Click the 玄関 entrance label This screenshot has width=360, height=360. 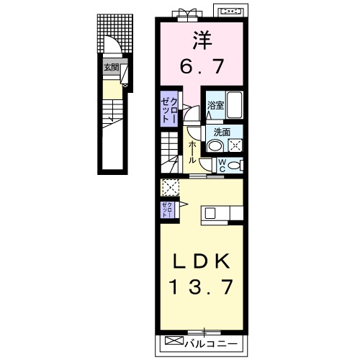tap(112, 68)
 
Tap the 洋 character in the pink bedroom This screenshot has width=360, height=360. tap(202, 40)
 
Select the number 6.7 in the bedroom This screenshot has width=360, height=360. tap(202, 66)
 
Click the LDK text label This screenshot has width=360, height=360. tap(202, 261)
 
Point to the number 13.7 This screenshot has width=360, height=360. tap(202, 287)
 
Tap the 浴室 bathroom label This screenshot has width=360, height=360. tap(216, 105)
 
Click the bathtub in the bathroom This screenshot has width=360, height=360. tap(234, 105)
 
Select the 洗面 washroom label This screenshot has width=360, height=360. tap(222, 132)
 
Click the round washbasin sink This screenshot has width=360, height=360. tap(215, 146)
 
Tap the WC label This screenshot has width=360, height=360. tap(222, 166)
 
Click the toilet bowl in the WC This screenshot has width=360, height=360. tap(234, 166)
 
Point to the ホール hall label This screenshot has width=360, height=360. tap(192, 152)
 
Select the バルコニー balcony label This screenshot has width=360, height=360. tap(211, 344)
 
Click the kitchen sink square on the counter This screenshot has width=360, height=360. tap(210, 213)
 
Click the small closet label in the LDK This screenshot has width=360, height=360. tap(167, 210)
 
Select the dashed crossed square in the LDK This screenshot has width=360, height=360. tap(170, 187)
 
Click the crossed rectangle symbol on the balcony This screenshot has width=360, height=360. tap(174, 341)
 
